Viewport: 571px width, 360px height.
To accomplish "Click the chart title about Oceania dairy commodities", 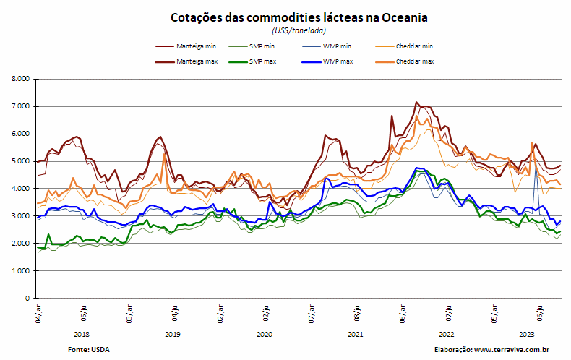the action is click(299, 17).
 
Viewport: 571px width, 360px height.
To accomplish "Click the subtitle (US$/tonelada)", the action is click(299, 30).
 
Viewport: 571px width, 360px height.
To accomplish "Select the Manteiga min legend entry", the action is click(186, 46).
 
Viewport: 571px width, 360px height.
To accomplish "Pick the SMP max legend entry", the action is click(252, 61).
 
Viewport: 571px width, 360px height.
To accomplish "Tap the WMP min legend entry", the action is click(327, 46).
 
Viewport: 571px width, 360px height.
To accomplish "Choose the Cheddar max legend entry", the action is click(404, 61).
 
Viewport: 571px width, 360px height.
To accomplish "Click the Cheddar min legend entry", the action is click(404, 46).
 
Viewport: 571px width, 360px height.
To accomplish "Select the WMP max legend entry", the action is click(327, 61).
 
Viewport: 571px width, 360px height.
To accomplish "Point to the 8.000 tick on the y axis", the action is click(22, 79).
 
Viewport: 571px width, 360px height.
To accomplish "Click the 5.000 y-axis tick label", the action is click(22, 161).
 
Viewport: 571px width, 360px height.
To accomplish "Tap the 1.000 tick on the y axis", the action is click(22, 271).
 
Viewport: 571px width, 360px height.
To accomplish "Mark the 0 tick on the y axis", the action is click(27, 298).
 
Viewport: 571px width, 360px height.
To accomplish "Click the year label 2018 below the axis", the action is click(81, 335).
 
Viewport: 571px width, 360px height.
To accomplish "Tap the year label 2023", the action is click(527, 335).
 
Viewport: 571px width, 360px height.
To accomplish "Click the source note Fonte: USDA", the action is click(88, 350).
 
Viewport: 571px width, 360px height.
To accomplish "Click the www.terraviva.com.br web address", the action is click(512, 350).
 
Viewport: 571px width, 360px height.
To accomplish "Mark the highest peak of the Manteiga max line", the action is click(416, 102).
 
